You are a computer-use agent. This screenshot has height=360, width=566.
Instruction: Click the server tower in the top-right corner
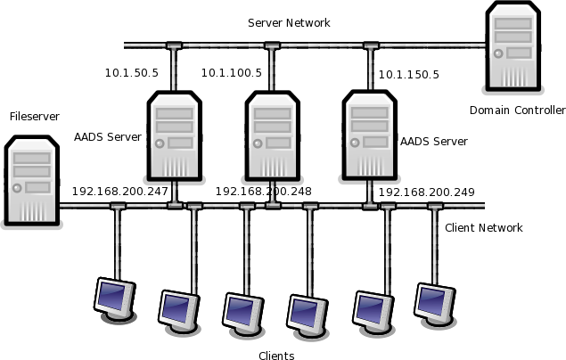pyautogui.click(x=513, y=46)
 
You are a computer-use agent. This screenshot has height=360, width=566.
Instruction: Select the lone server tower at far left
pyautogui.click(x=31, y=180)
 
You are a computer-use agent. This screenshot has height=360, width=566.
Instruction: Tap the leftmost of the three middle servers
pyautogui.click(x=174, y=135)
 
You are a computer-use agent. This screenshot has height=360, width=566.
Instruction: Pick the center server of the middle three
pyautogui.click(x=272, y=135)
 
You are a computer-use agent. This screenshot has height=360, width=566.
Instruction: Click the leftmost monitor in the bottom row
pyautogui.click(x=114, y=298)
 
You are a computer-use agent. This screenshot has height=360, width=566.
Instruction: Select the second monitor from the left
pyautogui.click(x=178, y=310)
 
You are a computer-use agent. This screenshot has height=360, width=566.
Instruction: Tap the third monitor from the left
pyautogui.click(x=242, y=313)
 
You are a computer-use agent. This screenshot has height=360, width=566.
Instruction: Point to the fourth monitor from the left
pyautogui.click(x=307, y=315)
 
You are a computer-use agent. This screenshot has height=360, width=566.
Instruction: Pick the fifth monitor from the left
pyautogui.click(x=372, y=311)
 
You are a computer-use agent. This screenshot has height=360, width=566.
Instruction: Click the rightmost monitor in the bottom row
pyautogui.click(x=434, y=303)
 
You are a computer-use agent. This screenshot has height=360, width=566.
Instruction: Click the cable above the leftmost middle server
pyautogui.click(x=174, y=70)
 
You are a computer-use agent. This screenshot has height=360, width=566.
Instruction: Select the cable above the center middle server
pyautogui.click(x=272, y=70)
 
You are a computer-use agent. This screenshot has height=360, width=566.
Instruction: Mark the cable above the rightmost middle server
pyautogui.click(x=370, y=70)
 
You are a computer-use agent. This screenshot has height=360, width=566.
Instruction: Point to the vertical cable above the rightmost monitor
pyautogui.click(x=435, y=245)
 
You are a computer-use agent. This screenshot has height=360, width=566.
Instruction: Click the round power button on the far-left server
pyautogui.click(x=17, y=188)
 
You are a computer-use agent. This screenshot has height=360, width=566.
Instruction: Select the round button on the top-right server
pyautogui.click(x=498, y=53)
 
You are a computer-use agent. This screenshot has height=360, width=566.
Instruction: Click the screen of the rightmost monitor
pyautogui.click(x=431, y=300)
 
